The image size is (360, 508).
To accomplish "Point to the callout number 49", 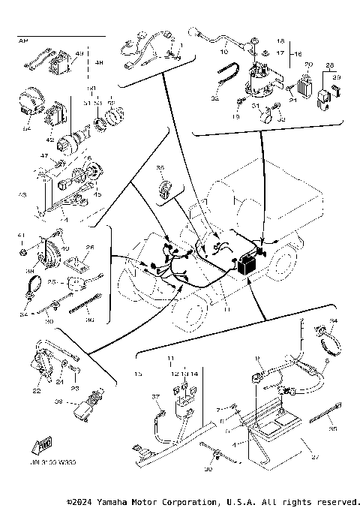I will click(79, 54).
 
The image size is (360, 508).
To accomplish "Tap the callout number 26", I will click(90, 247).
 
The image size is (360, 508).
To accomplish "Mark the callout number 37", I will click(157, 397).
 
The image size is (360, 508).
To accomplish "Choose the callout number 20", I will click(307, 66).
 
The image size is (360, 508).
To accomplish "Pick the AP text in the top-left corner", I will click(22, 42).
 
